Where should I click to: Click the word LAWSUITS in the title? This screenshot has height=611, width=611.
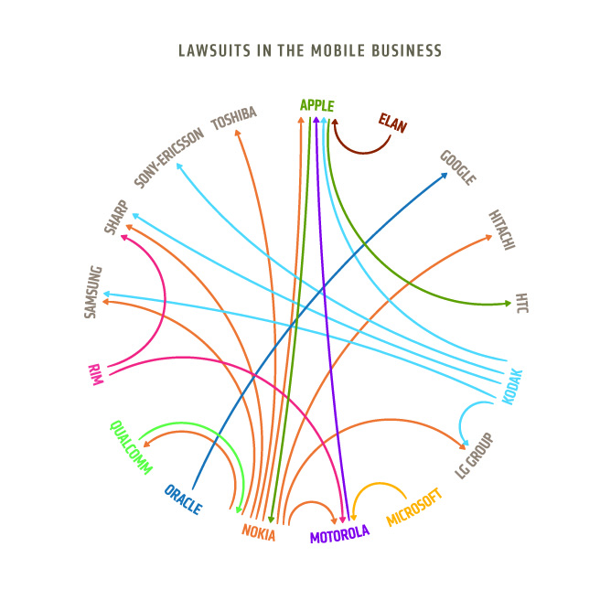216,49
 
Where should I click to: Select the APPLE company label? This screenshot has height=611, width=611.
317,105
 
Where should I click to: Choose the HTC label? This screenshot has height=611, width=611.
522,303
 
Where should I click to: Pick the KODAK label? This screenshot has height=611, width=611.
513,385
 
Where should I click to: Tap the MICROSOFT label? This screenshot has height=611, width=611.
414,507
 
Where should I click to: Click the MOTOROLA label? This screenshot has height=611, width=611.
339,535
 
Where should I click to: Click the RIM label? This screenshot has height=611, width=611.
94,375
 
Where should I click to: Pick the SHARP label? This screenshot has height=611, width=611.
116,218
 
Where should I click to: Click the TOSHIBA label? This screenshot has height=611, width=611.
234,119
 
